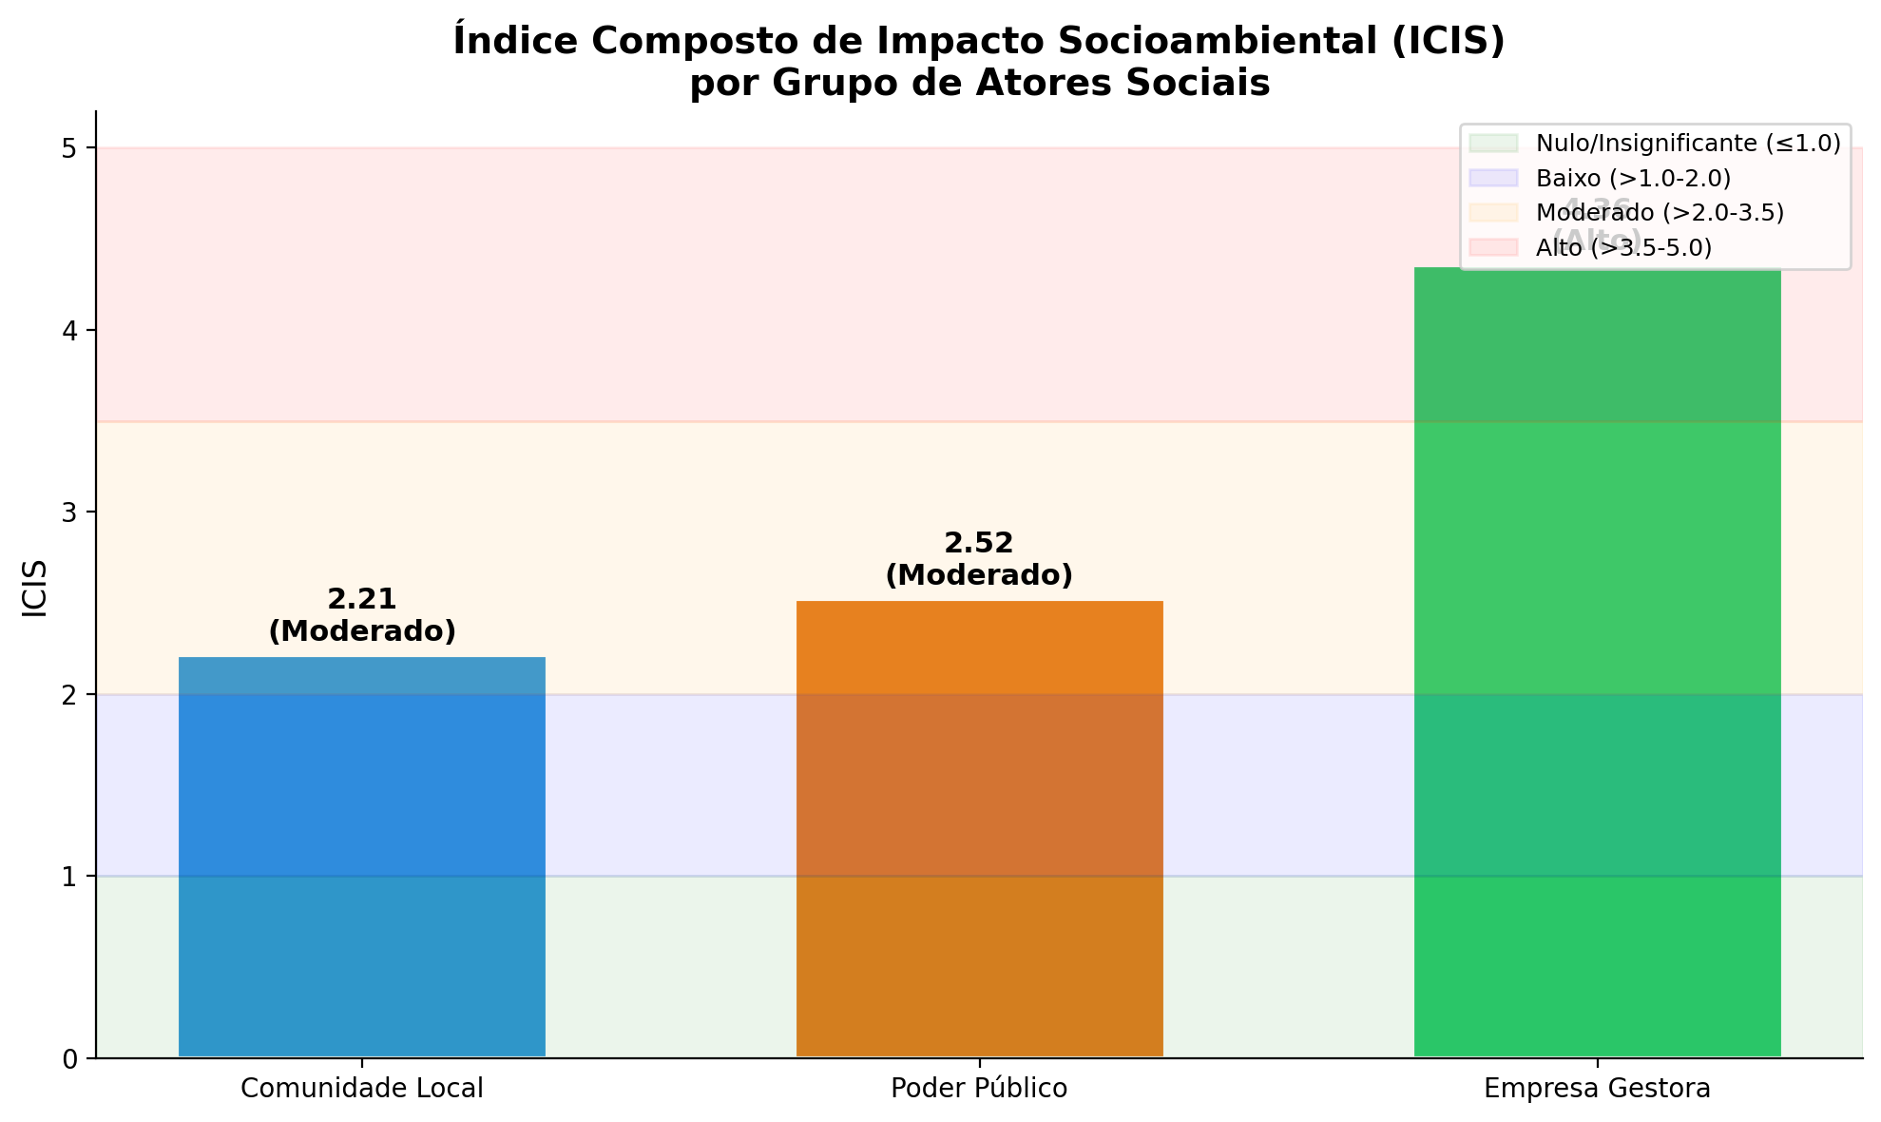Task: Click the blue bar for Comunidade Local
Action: click(361, 856)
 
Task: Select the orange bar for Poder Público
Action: click(979, 827)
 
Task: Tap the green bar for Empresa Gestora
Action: click(1597, 666)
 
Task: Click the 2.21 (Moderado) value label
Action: click(362, 615)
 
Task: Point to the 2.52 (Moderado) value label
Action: click(979, 559)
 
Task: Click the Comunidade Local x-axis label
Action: click(362, 1089)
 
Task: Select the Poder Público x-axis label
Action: click(979, 1089)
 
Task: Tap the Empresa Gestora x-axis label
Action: click(1597, 1089)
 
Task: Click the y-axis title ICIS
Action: click(35, 589)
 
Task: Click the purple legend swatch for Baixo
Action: click(1493, 178)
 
